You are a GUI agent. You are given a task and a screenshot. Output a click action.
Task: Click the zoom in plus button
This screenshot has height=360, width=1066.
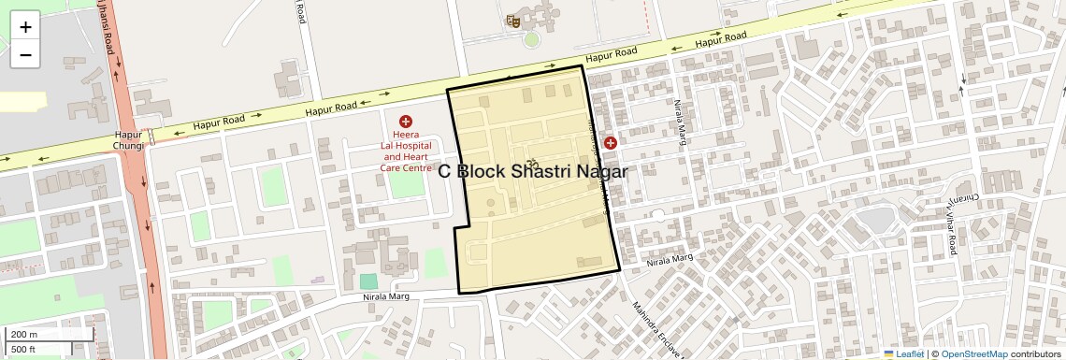click(x=25, y=27)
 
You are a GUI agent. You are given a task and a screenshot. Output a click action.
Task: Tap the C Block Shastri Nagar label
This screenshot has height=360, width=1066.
click(x=532, y=171)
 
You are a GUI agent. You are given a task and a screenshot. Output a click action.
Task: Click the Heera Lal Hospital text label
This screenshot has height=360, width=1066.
click(x=406, y=151)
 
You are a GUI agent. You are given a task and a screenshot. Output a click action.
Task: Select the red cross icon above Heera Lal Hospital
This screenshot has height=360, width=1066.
click(x=406, y=122)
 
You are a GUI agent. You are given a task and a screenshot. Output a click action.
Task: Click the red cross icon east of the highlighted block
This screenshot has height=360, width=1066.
click(x=611, y=143)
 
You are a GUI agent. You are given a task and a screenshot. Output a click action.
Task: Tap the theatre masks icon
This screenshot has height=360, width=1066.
click(x=512, y=20)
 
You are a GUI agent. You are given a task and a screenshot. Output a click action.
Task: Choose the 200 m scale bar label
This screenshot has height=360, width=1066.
click(x=25, y=334)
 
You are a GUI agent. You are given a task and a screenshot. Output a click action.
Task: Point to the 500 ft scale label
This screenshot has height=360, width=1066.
click(x=24, y=349)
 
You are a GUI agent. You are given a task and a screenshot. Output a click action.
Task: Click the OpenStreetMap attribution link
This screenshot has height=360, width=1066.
click(x=973, y=354)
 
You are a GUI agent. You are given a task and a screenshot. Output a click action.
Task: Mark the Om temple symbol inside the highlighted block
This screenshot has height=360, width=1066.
click(x=534, y=165)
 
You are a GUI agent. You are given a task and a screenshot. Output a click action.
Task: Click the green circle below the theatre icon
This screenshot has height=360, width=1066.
click(x=531, y=40)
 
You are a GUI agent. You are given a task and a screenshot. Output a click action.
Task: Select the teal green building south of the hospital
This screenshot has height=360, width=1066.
click(x=369, y=281)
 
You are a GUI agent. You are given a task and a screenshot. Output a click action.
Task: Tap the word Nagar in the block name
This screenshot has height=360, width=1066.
click(x=596, y=171)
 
